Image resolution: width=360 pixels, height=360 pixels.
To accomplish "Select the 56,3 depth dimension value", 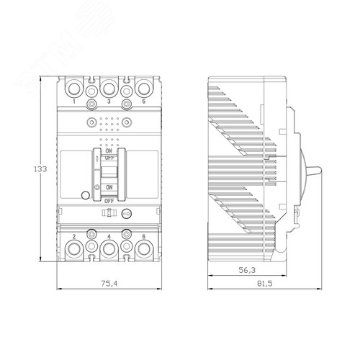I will click(x=246, y=271).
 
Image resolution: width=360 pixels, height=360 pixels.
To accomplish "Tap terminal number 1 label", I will click(x=74, y=102).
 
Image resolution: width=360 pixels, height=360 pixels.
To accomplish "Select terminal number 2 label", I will click(x=74, y=235).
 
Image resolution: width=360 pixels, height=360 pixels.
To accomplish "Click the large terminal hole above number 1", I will click(x=74, y=87).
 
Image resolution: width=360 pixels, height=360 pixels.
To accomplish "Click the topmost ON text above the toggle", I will click(x=109, y=151).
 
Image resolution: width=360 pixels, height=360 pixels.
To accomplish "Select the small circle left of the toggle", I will click(x=86, y=194).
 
